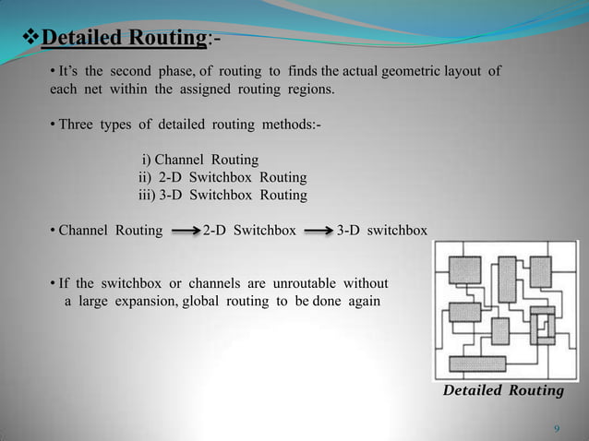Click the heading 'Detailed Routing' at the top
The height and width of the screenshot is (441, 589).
tap(123, 39)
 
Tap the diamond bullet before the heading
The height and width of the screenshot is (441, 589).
tap(30, 39)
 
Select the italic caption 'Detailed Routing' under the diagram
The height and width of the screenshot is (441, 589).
tap(503, 391)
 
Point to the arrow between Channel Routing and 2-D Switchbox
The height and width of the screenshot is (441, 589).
tap(185, 230)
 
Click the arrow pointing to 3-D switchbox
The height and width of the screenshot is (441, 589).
tap(318, 230)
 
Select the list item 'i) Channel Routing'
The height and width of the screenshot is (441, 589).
tap(199, 160)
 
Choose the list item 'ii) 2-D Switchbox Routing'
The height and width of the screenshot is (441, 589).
tap(222, 177)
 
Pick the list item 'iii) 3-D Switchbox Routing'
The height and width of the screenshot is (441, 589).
tap(222, 195)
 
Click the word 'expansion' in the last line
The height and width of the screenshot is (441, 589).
tap(136, 301)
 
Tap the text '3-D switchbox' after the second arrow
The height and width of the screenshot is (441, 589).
tap(382, 230)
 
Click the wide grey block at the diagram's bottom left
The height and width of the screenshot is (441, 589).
tap(476, 364)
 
